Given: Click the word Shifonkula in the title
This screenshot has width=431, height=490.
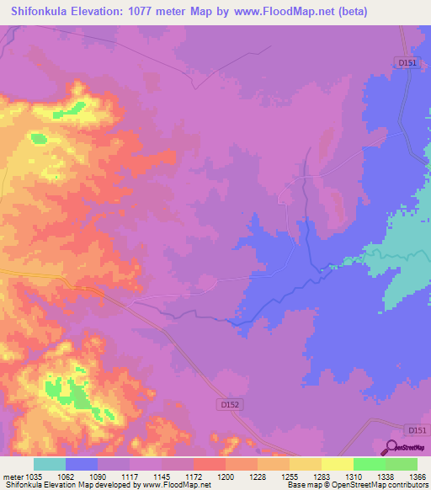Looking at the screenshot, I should point(47,12).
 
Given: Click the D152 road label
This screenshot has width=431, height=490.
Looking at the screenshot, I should point(231,405).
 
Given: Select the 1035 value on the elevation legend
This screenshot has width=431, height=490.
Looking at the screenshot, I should point(35,477).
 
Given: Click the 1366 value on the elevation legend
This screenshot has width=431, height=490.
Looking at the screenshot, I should point(418,477).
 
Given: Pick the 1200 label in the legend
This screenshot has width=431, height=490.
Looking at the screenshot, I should point(226,477).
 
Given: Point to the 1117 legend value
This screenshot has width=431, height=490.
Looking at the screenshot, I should point(130,477).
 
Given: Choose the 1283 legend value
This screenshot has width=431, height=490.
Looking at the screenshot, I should point(322,477).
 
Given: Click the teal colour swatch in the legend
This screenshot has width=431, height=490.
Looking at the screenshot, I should point(50,464).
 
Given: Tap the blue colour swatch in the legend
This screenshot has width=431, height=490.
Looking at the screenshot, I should point(82,464).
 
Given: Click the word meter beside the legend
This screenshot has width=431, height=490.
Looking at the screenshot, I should point(11,477).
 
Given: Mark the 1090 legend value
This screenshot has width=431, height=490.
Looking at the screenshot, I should point(98,477).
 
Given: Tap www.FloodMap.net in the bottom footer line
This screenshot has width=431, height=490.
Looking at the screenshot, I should point(178,486).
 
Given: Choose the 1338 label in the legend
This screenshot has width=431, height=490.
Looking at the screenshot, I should point(386,477).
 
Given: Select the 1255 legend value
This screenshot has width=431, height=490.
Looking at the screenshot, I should point(290,477).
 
